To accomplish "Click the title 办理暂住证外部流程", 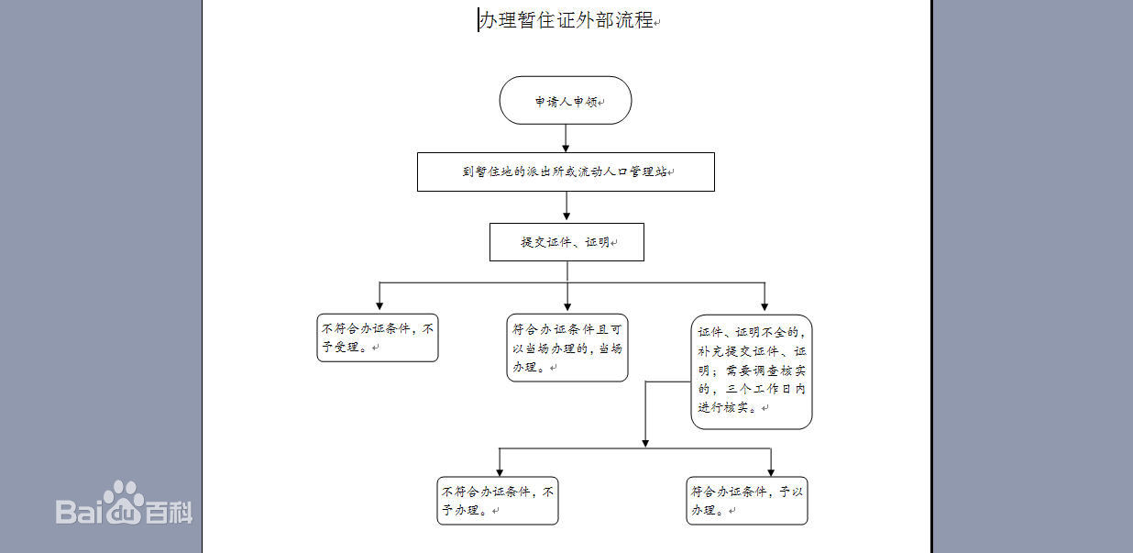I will click(566, 20).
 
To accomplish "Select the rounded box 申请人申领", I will click(566, 101).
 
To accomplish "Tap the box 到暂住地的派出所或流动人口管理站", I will click(566, 171).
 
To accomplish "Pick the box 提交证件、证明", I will click(566, 242).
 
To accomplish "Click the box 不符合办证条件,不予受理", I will click(378, 337).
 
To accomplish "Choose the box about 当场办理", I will click(567, 348).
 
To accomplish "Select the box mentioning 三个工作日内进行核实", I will click(752, 371).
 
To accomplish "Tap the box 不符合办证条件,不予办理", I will click(498, 501).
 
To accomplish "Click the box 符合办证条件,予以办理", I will click(747, 501).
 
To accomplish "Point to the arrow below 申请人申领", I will click(566, 138).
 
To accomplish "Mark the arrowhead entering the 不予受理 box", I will click(379, 305).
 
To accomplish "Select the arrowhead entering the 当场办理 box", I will click(567, 305).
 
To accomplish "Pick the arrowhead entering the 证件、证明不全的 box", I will click(764, 305).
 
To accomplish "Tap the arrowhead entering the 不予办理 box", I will click(499, 471).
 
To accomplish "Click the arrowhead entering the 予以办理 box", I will click(771, 471).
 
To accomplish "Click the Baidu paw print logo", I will click(122, 496).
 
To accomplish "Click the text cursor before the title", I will click(478, 20).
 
